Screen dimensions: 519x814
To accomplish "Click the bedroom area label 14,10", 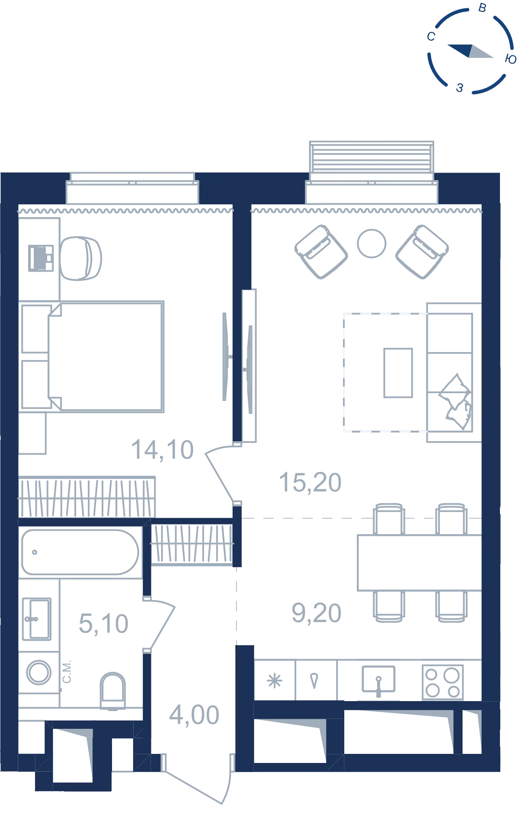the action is tap(162, 449).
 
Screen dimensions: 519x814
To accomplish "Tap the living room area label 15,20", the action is tap(310, 482).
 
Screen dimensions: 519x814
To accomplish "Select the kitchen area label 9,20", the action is tap(317, 613).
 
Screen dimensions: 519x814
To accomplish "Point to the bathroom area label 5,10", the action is tap(103, 624).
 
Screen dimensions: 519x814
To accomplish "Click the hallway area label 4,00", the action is tap(194, 715).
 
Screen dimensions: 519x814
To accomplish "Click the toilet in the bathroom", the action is tap(113, 691).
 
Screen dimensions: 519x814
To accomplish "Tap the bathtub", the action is tap(80, 552).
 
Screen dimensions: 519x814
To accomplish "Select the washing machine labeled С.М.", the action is tap(39, 672).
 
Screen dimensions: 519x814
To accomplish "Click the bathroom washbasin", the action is tap(37, 619).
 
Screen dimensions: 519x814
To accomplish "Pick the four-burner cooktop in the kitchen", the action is tap(442, 682).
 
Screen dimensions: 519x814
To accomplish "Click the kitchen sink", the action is tap(378, 679).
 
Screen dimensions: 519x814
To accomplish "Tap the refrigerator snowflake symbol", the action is tap(275, 681).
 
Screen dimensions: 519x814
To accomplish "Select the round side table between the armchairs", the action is tap(372, 244).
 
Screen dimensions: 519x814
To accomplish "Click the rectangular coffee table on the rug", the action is tap(398, 373).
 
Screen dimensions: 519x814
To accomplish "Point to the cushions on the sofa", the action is tap(456, 402).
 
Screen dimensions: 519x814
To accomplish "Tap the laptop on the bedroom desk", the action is tap(41, 258).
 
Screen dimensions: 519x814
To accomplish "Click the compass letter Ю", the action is tap(511, 59).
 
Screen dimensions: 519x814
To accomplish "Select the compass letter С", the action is tap(431, 37).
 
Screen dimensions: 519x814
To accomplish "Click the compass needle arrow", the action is tap(470, 51).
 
